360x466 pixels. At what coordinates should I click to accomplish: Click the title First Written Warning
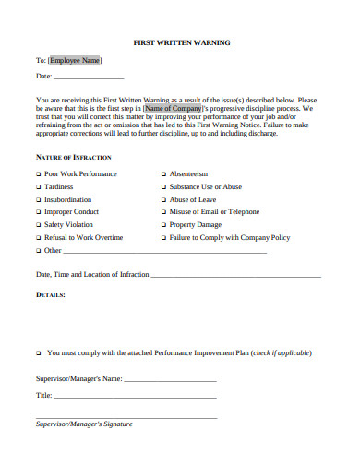point(182,42)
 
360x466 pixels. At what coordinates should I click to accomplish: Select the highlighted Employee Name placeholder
point(74,61)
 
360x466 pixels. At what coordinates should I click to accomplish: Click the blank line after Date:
point(90,78)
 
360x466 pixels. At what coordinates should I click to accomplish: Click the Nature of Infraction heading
point(73,158)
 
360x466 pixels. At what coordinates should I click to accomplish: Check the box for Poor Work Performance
point(39,173)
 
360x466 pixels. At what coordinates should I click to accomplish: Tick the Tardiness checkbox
point(39,186)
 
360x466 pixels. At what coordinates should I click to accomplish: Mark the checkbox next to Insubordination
point(39,199)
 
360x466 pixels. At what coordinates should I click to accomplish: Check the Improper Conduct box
point(39,211)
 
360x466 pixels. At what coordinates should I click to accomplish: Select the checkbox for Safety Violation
point(39,224)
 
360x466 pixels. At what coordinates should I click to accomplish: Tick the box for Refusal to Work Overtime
point(39,237)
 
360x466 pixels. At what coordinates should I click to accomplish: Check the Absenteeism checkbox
point(163,173)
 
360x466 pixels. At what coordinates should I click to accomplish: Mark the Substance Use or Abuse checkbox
point(163,186)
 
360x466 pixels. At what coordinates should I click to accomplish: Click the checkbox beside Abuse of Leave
point(163,199)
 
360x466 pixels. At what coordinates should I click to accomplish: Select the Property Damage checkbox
point(163,224)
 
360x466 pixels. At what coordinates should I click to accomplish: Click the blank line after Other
point(166,251)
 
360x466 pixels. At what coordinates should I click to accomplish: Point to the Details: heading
point(50,295)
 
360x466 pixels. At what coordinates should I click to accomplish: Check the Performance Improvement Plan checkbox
point(39,352)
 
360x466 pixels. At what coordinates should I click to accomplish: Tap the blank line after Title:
point(135,396)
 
